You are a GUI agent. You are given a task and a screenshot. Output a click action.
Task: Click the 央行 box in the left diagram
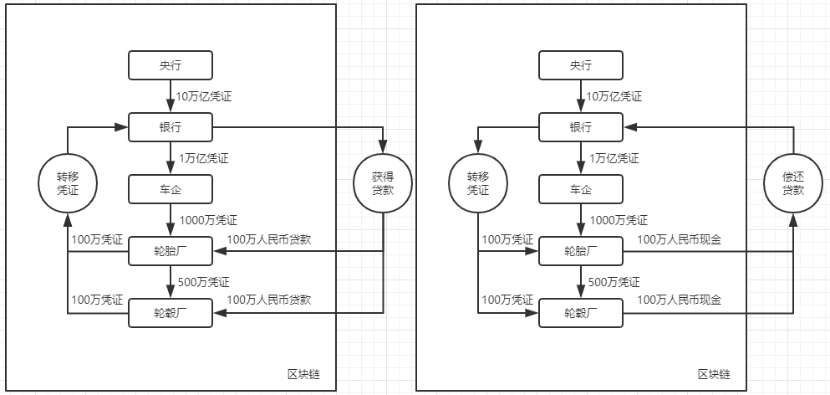point(170,65)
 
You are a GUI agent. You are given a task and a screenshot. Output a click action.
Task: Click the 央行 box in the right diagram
point(580,65)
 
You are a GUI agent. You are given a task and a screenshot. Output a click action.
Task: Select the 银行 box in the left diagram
point(170,127)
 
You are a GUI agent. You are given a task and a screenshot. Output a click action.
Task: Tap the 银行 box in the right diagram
point(580,127)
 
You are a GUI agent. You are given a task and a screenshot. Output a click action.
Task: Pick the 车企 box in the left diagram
point(170,189)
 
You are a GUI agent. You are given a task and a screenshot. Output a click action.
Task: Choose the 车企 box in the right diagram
point(580,189)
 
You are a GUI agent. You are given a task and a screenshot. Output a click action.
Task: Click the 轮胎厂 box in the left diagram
point(170,251)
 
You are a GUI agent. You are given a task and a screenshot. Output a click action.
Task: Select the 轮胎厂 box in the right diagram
point(580,251)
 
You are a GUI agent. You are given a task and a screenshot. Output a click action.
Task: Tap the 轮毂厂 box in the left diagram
point(170,313)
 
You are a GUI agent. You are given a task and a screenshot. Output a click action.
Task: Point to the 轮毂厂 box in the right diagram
point(580,313)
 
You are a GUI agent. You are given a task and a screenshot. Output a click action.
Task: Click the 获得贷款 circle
point(383,183)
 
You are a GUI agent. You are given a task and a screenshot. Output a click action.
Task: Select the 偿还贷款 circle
point(792,183)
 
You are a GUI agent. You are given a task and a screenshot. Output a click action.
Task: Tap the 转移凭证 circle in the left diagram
point(66,183)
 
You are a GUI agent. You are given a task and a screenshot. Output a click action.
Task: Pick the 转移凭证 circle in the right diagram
point(477,183)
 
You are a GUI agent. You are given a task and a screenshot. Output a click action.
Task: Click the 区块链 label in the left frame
point(303,374)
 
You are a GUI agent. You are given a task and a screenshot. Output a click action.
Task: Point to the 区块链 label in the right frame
point(715,374)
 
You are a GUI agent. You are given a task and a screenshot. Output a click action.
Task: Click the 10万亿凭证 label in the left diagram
point(203,97)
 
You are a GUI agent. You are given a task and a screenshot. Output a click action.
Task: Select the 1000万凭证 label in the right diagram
point(619,221)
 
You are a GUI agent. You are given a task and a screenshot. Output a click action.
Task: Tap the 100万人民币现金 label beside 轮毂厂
point(679,299)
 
